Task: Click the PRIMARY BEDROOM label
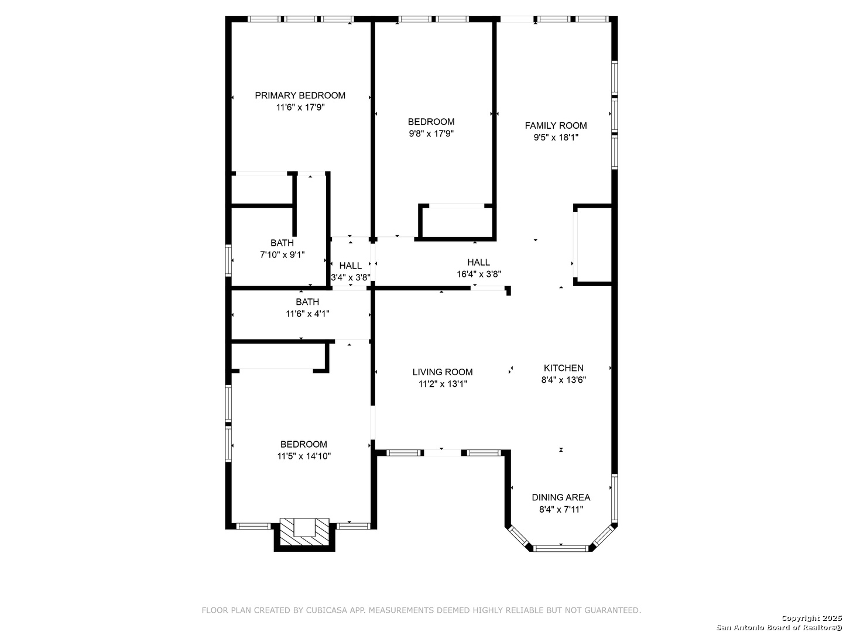pyautogui.click(x=300, y=95)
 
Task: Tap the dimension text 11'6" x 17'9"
pyautogui.click(x=300, y=107)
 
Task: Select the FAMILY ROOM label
pyautogui.click(x=556, y=125)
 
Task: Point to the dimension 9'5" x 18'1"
pyautogui.click(x=556, y=138)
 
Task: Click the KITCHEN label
pyautogui.click(x=563, y=368)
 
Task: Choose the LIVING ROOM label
pyautogui.click(x=443, y=372)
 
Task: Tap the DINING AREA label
pyautogui.click(x=561, y=497)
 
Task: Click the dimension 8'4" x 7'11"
pyautogui.click(x=561, y=509)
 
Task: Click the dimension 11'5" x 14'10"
pyautogui.click(x=304, y=456)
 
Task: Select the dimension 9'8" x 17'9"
pyautogui.click(x=431, y=133)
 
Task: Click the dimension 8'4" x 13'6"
pyautogui.click(x=563, y=380)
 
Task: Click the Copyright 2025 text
pyautogui.click(x=811, y=618)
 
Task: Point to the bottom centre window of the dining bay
pyautogui.click(x=561, y=548)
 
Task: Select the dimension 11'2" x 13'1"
pyautogui.click(x=443, y=384)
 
